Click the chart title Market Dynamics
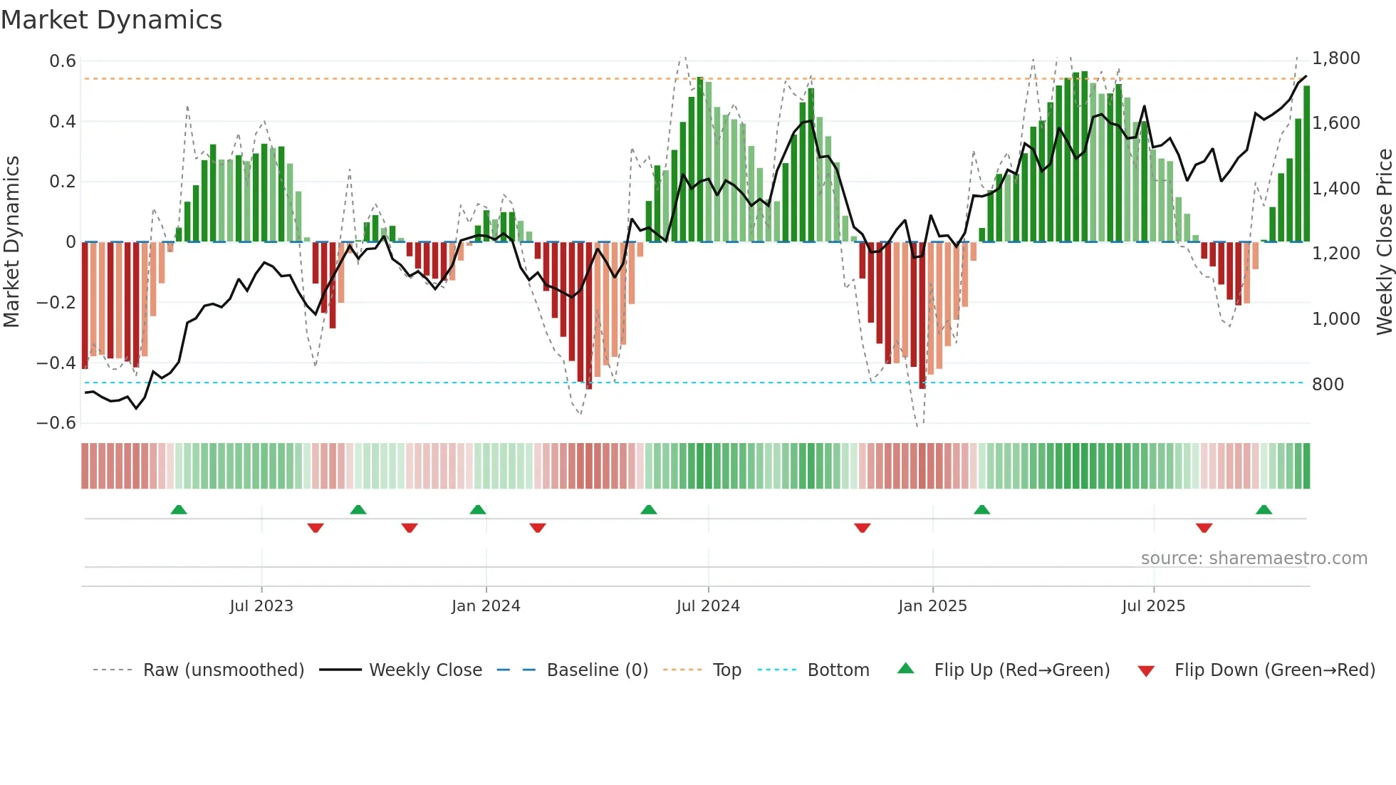tap(111, 20)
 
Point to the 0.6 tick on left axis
tap(63, 61)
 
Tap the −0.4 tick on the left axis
tap(56, 363)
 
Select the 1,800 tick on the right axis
tap(1335, 58)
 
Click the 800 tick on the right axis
tap(1327, 385)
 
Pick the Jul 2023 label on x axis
tap(261, 606)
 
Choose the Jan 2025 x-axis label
tap(932, 606)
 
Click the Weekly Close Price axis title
tap(1384, 241)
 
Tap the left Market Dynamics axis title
tap(11, 241)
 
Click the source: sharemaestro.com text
tap(1254, 558)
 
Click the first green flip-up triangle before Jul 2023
tap(179, 510)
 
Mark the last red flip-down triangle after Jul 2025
tap(1204, 528)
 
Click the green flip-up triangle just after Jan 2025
tap(981, 510)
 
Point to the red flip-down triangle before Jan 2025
tap(862, 528)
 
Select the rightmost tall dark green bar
tap(1306, 164)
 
